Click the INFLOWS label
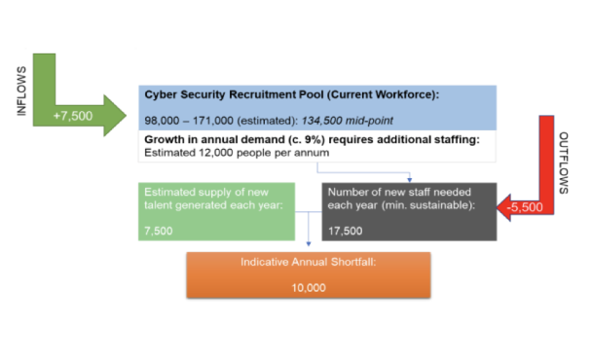coord(21,91)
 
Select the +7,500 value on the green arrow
coord(73,116)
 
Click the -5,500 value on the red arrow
coord(527,206)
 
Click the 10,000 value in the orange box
coord(309,287)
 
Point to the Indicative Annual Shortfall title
coord(308,263)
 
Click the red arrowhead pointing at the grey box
coord(506,206)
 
